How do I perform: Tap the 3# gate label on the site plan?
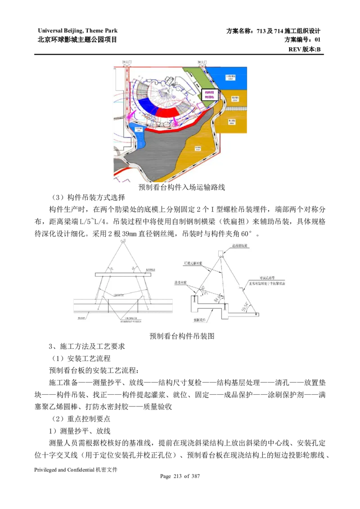point(202,61)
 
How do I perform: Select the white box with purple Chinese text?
point(210,95)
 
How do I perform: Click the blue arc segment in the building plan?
point(146,103)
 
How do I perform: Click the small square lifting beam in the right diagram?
point(221,253)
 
